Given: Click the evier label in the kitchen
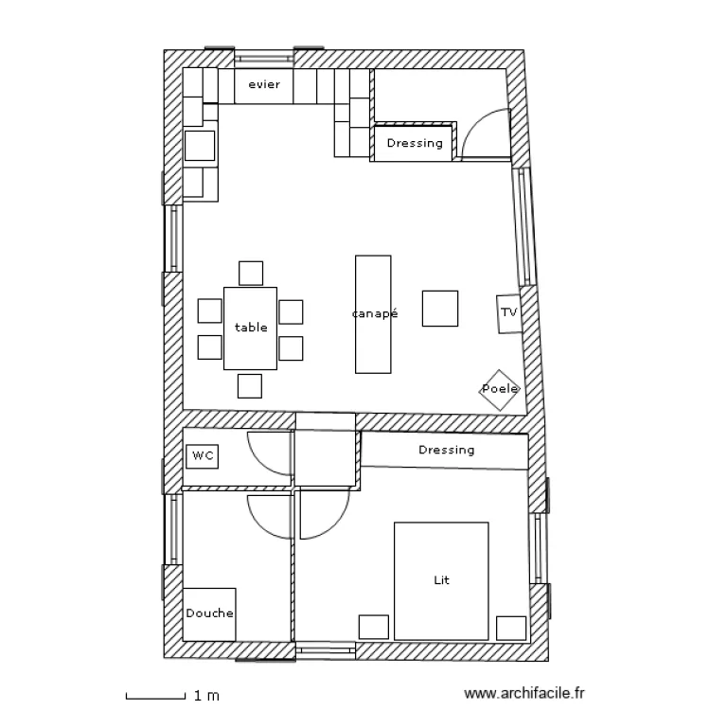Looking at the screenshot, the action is (264, 84).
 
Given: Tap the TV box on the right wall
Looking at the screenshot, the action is (509, 313).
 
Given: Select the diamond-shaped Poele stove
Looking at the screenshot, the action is (500, 390).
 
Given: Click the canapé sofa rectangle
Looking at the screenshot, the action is (373, 314).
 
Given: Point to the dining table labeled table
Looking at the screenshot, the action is (251, 328).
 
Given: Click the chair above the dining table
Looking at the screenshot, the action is (251, 273).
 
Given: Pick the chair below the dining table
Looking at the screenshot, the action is (250, 386).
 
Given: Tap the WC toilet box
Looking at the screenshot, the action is (202, 456).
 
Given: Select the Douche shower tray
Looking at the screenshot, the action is (209, 614).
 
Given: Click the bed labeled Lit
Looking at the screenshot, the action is (441, 581).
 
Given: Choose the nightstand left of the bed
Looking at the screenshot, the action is (374, 627).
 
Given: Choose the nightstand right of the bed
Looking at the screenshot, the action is (511, 628).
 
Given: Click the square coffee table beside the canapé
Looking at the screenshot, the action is (439, 309).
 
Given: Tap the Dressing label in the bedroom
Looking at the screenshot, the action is (446, 450).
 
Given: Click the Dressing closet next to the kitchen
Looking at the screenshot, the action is (413, 143).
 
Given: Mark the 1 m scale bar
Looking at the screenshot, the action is (155, 696).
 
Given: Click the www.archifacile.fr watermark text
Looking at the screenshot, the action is (524, 693).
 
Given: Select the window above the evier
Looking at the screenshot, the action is (264, 59).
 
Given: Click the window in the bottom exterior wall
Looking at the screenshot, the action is (326, 650).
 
